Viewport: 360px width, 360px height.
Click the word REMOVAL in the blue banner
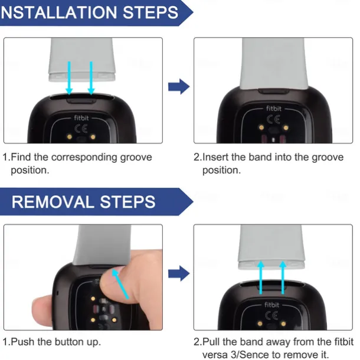(x=53, y=202)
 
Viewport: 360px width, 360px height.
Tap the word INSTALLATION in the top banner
(x=59, y=12)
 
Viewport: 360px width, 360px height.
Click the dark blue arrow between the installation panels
(x=179, y=87)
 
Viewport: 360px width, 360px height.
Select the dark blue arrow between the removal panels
(x=179, y=273)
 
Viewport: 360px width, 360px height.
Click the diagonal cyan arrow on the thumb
(x=120, y=284)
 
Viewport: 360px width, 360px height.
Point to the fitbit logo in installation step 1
(x=81, y=118)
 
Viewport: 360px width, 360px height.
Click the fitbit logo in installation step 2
(x=273, y=108)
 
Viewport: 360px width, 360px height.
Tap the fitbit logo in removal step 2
(x=271, y=305)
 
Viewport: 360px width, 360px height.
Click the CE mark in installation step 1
(x=81, y=129)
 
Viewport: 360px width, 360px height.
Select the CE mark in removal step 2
(x=271, y=316)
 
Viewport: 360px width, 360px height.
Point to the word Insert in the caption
(x=215, y=157)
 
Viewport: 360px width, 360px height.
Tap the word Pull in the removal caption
(x=211, y=342)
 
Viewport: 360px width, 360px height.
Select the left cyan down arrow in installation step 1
(x=69, y=78)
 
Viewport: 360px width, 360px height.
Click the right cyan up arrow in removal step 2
(x=283, y=277)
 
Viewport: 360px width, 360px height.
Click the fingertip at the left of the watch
(x=42, y=310)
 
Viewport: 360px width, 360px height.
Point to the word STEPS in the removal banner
(x=127, y=202)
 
